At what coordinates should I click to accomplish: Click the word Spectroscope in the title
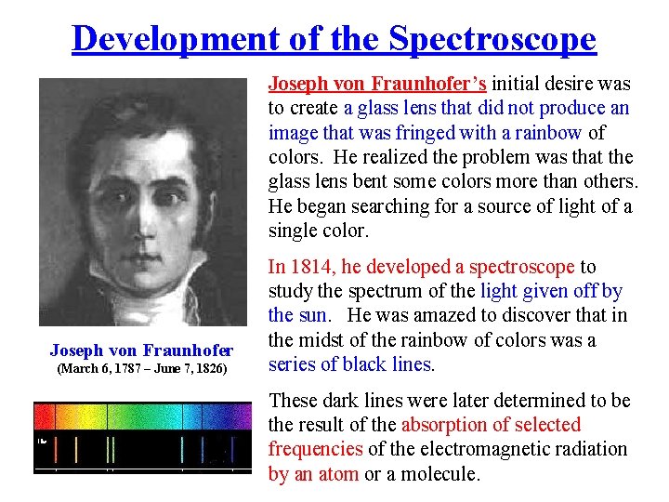click(x=492, y=38)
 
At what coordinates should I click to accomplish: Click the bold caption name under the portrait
click(x=141, y=350)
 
